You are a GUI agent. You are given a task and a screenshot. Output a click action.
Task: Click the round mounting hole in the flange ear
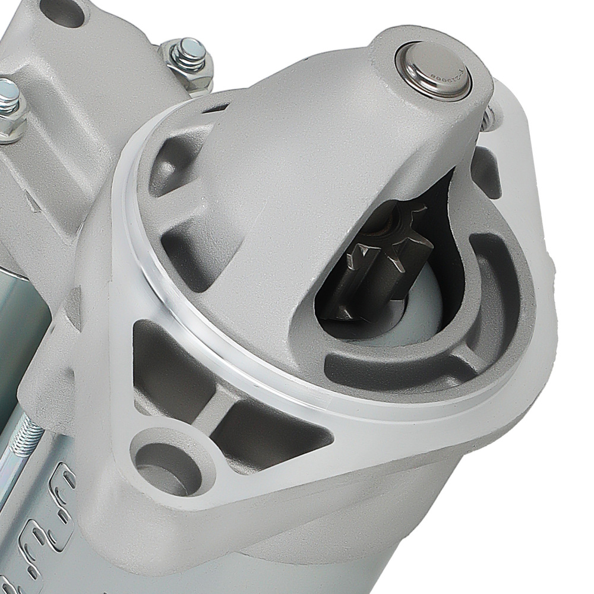(x=161, y=461)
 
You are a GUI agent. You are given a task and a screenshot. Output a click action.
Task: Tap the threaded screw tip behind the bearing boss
(x=491, y=119)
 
